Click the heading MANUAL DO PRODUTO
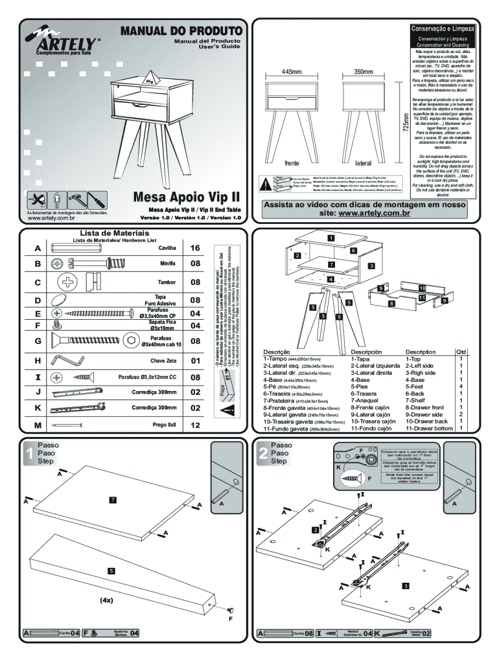click(x=181, y=30)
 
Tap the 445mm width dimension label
click(x=292, y=72)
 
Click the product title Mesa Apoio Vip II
click(x=187, y=196)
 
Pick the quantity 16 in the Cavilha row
click(x=196, y=248)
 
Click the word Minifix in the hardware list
click(x=167, y=264)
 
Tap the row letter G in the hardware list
click(x=38, y=341)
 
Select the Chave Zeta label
click(x=163, y=360)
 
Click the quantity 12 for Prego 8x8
click(x=196, y=425)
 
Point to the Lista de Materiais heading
click(x=114, y=232)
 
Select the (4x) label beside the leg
click(x=107, y=600)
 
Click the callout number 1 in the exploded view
click(x=330, y=238)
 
